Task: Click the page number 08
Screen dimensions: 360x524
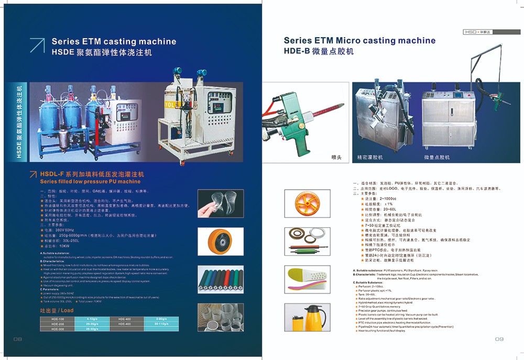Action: click(17, 339)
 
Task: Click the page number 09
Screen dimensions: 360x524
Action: click(499, 339)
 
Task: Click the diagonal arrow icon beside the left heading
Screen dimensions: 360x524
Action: click(37, 46)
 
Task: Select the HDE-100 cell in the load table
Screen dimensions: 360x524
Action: click(58, 319)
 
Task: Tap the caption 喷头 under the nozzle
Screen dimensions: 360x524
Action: click(336, 157)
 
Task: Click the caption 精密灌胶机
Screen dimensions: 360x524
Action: click(370, 157)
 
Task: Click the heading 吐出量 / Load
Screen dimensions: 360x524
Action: click(57, 310)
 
